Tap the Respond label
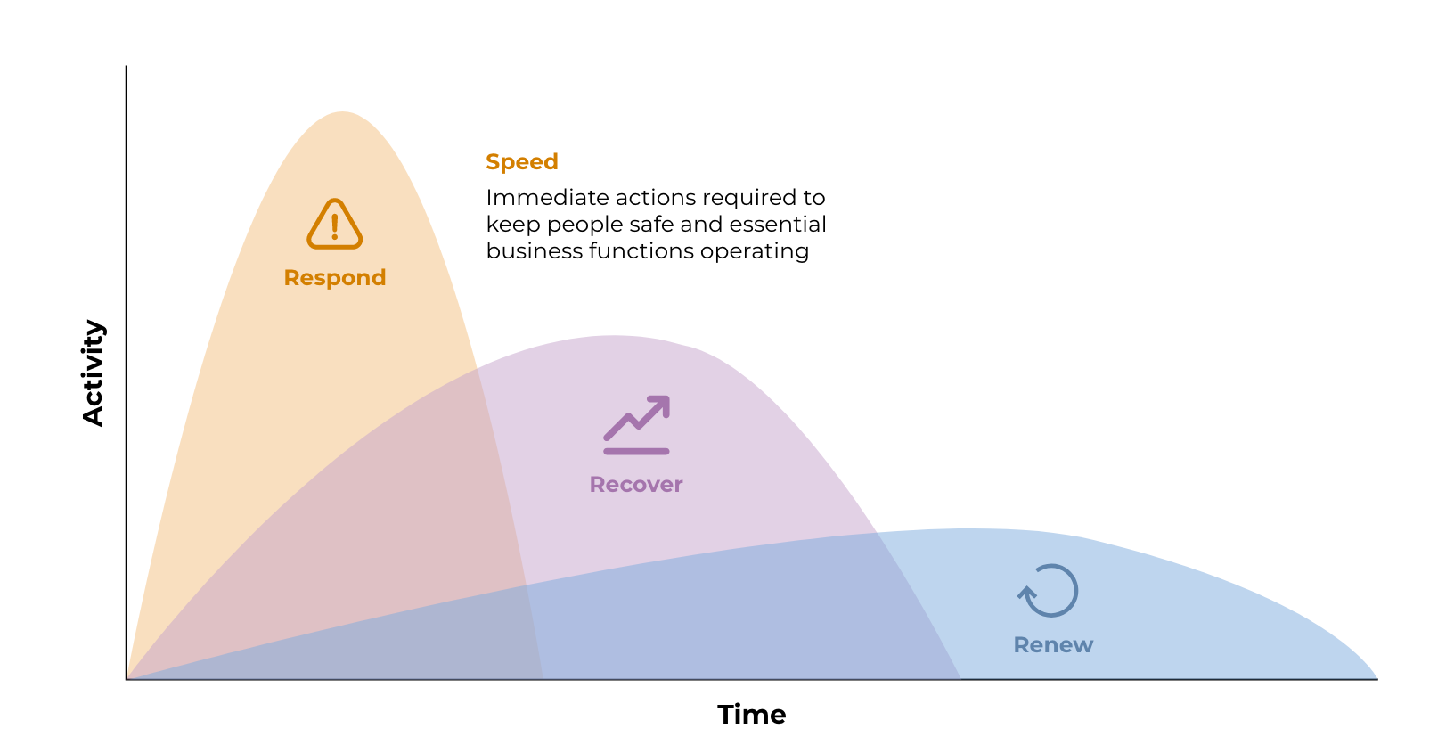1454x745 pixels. (335, 278)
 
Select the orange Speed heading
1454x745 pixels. (522, 161)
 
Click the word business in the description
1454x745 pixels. (535, 250)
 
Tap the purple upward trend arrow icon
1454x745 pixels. (636, 425)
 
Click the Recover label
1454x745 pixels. (636, 485)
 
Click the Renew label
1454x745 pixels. (1053, 645)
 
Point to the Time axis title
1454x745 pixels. (752, 715)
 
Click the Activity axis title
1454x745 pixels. (93, 372)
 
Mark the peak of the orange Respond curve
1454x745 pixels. (342, 112)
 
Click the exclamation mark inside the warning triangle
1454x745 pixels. (334, 226)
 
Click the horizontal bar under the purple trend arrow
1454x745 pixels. (636, 452)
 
